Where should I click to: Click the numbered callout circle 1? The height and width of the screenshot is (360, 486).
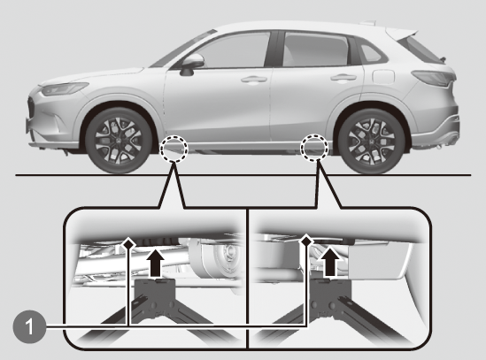pyautogui.click(x=29, y=326)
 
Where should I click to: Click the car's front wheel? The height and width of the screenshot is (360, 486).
pyautogui.click(x=119, y=141)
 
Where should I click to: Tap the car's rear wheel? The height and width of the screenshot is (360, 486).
pyautogui.click(x=371, y=142)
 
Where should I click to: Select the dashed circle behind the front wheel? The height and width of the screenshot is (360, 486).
pyautogui.click(x=174, y=149)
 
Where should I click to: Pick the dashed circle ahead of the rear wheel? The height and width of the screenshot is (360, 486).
pyautogui.click(x=315, y=148)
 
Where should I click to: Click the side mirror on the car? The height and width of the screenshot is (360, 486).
pyautogui.click(x=190, y=65)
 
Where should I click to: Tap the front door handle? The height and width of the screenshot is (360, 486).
pyautogui.click(x=254, y=80)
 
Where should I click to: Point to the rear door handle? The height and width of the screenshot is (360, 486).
pyautogui.click(x=343, y=77)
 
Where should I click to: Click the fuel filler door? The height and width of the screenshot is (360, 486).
pyautogui.click(x=383, y=77)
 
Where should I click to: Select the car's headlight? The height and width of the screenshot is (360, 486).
pyautogui.click(x=65, y=88)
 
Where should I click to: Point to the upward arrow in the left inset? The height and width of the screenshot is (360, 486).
pyautogui.click(x=155, y=263)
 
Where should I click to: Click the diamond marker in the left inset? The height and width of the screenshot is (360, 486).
pyautogui.click(x=128, y=243)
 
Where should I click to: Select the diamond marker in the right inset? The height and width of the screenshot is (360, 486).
pyautogui.click(x=306, y=240)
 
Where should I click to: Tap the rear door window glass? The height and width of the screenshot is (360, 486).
pyautogui.click(x=314, y=50)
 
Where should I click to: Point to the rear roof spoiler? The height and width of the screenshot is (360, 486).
pyautogui.click(x=403, y=34)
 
